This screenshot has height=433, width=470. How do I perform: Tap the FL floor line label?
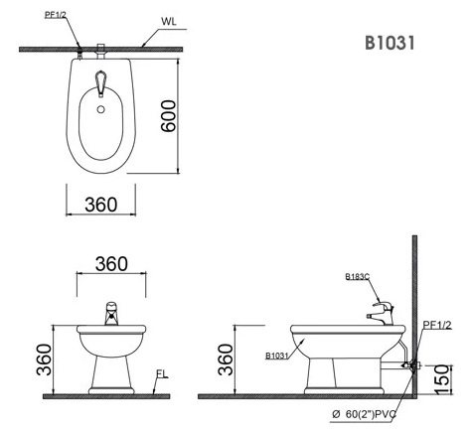click(160, 374)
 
